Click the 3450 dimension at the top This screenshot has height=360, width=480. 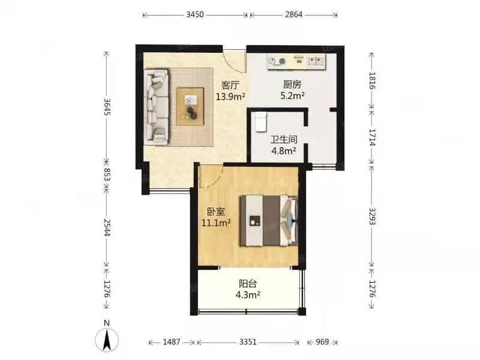(x=195, y=14)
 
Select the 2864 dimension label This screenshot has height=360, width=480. (x=293, y=14)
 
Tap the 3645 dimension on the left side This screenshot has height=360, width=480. (x=107, y=107)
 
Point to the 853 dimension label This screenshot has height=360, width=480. (x=107, y=175)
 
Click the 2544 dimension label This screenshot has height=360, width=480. (x=107, y=227)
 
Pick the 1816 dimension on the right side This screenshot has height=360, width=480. (x=372, y=80)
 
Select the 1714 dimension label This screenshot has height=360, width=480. (x=372, y=137)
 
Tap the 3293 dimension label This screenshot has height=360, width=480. (x=372, y=216)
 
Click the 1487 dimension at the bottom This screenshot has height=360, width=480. (x=172, y=341)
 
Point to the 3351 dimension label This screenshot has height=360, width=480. (x=248, y=341)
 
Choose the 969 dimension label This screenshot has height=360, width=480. (x=322, y=341)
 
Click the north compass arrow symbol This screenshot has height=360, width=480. (x=107, y=339)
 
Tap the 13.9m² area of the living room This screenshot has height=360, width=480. (x=230, y=97)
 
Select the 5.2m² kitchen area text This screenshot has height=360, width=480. (x=292, y=95)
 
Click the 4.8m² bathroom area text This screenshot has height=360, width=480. (x=284, y=151)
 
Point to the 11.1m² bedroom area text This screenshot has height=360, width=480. (x=216, y=223)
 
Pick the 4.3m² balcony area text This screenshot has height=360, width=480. (x=248, y=295)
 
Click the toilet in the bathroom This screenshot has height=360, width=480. (x=260, y=122)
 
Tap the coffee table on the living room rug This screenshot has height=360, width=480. (x=190, y=106)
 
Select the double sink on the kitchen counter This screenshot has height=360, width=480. (x=316, y=61)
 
